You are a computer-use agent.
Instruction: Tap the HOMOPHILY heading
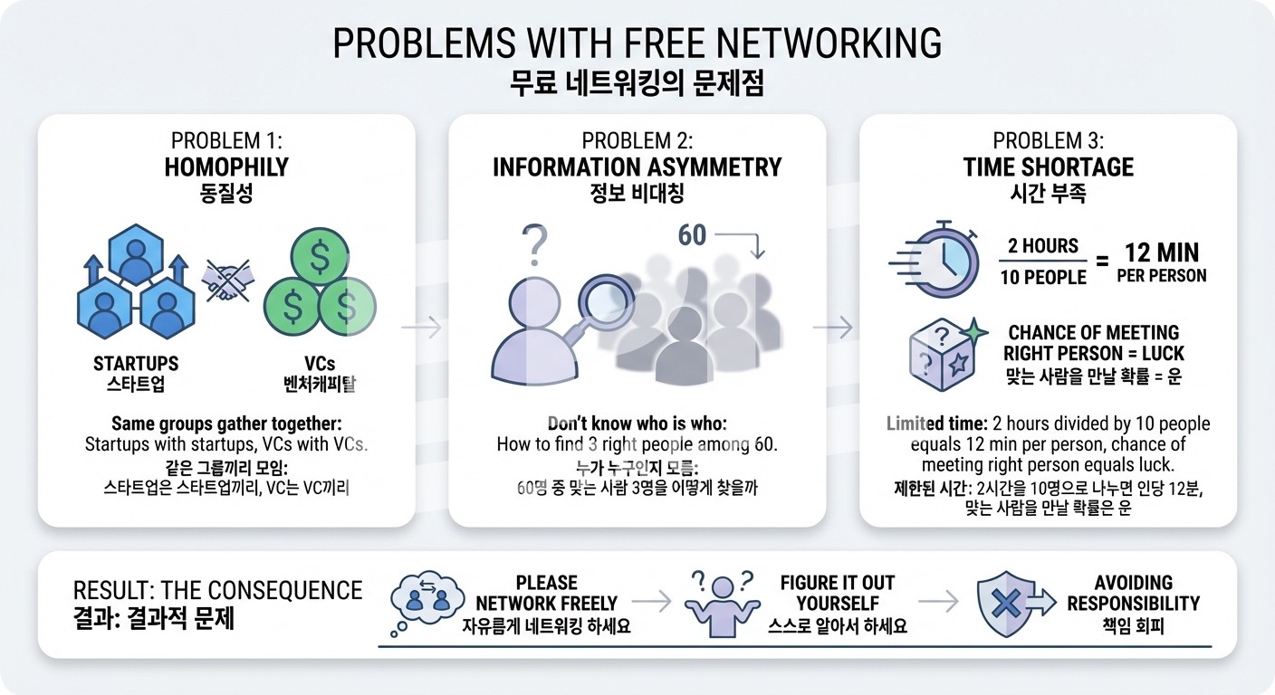[x=226, y=167]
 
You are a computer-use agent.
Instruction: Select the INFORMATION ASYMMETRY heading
[x=637, y=167]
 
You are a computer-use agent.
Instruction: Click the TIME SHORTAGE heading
[x=1048, y=167]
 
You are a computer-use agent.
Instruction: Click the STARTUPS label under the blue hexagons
[x=136, y=364]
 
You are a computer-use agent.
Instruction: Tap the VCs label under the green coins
[x=320, y=364]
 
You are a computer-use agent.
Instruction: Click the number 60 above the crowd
[x=692, y=235]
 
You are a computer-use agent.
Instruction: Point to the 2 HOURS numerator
[x=1043, y=246]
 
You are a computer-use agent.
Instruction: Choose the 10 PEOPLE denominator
[x=1043, y=277]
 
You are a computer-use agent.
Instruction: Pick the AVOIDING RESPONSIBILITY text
[x=1133, y=593]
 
